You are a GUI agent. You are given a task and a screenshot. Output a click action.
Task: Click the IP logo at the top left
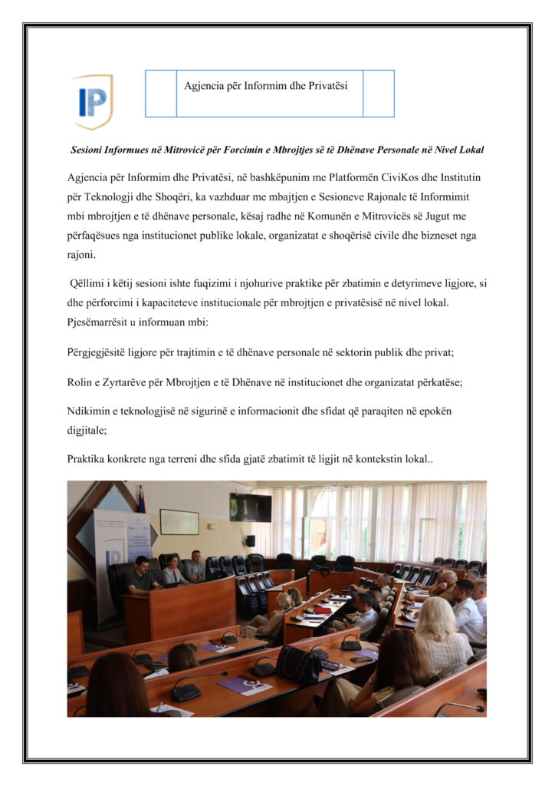tap(93, 101)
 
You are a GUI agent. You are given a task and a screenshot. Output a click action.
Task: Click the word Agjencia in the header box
tap(203, 85)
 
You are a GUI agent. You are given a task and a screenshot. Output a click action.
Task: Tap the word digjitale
tap(87, 431)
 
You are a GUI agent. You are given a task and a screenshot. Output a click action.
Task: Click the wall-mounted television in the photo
tap(251, 507)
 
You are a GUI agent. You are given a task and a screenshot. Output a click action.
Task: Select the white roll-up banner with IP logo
tap(114, 553)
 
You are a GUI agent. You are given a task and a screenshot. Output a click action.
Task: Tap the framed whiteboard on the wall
tap(179, 522)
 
